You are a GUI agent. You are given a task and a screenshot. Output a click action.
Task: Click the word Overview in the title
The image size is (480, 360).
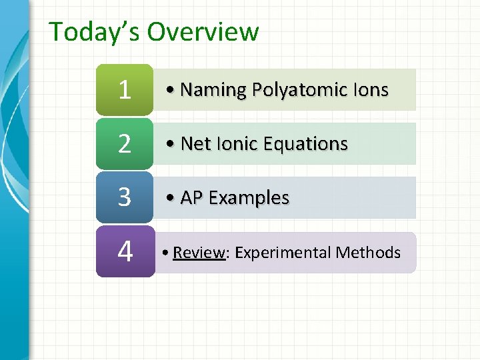(203, 32)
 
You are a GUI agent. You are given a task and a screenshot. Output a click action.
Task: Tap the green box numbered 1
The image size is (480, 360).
(125, 89)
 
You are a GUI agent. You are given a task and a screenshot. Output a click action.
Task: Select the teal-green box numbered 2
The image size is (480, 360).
(125, 143)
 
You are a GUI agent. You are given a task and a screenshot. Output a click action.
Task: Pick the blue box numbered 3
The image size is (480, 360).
(125, 197)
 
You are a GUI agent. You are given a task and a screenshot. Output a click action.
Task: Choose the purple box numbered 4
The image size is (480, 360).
(125, 251)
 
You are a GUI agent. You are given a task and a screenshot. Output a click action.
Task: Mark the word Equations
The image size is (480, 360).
(306, 145)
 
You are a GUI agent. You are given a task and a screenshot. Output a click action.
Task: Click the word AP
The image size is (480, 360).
(191, 198)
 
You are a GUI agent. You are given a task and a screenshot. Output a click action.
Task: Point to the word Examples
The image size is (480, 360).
(249, 199)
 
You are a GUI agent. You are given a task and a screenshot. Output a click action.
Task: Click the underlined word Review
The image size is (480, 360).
(199, 253)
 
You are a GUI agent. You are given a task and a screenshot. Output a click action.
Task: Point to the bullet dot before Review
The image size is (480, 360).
(166, 253)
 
